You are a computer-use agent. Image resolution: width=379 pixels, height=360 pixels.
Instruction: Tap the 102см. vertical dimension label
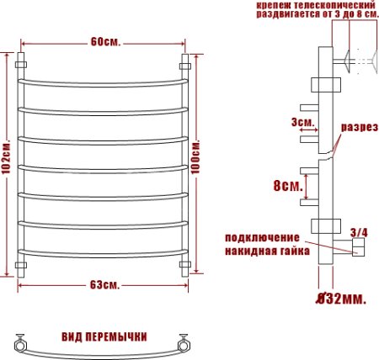pos(7,164)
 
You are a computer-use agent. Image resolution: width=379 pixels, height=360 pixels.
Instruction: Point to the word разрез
pos(357,128)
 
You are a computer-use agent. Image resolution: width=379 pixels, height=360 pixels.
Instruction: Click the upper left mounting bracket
pos(23,63)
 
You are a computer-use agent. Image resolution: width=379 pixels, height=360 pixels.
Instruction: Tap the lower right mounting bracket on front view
pos(184,267)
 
